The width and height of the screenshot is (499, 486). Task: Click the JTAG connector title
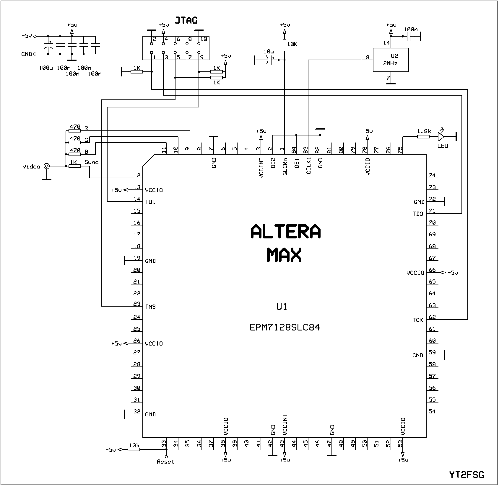pos(186,20)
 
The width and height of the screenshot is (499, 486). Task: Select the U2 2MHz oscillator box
pos(391,60)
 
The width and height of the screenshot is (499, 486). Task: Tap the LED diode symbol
pos(441,136)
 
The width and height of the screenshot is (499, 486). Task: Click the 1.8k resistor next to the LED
pos(423,136)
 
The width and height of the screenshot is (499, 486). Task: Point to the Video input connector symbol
pos(46,166)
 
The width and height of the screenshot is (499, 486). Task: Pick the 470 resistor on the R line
pos(75,130)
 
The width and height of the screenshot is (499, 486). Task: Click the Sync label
pos(92,162)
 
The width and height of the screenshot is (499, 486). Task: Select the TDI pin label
pos(150,202)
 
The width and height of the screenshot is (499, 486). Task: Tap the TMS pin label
pos(150,307)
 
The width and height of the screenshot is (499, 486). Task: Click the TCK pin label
pos(418,320)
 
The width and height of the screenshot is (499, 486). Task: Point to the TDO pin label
pos(418,214)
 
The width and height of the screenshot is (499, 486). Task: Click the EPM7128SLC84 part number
pos(285,328)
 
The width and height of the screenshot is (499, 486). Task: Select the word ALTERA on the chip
pos(285,232)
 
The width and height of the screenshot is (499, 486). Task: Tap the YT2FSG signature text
pos(467,474)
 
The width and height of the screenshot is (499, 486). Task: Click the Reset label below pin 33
pos(165,462)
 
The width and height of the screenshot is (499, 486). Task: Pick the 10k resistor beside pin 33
pos(134,449)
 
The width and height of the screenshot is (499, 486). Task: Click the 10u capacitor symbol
pos(270,60)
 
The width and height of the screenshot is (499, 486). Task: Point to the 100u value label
pos(46,68)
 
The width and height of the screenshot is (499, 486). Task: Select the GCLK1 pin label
pos(308,166)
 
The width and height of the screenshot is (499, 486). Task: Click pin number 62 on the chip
pos(432,317)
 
